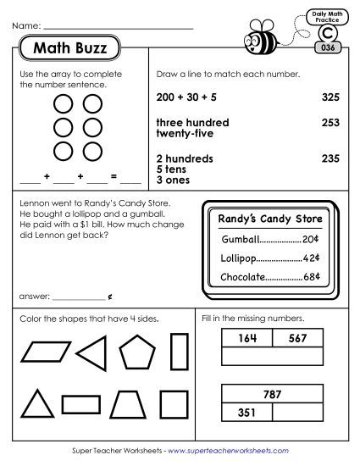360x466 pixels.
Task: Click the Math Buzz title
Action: tap(69, 48)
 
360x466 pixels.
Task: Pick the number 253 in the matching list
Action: tap(330, 123)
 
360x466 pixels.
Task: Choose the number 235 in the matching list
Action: tap(330, 158)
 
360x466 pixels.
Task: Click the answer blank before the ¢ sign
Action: tap(79, 298)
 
